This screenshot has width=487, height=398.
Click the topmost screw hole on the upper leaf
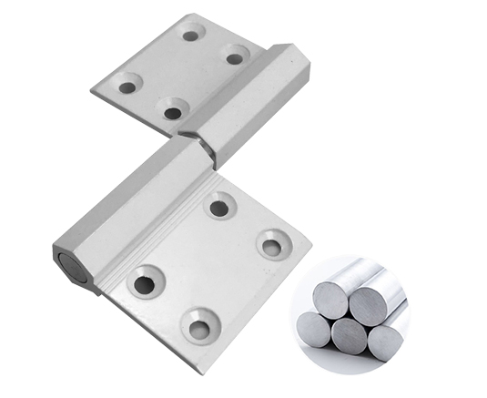tap(190, 35)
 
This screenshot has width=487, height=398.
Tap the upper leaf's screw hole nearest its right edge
tap(235, 58)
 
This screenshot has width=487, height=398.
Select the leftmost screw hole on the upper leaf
tap(127, 87)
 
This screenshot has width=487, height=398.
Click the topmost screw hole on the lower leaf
tap(218, 209)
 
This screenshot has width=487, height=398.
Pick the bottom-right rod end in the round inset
tap(383, 341)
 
